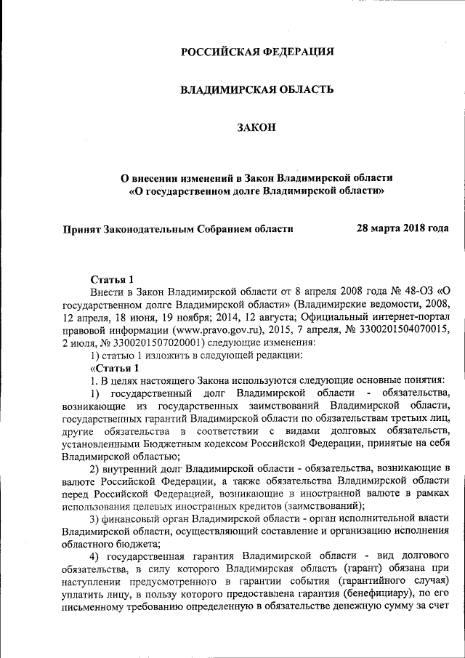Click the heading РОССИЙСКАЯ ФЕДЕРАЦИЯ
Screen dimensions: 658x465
point(257,52)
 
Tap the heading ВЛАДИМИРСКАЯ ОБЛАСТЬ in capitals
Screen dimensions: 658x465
point(257,90)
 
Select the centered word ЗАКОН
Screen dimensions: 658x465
point(257,128)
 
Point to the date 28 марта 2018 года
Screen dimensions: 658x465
point(402,228)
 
